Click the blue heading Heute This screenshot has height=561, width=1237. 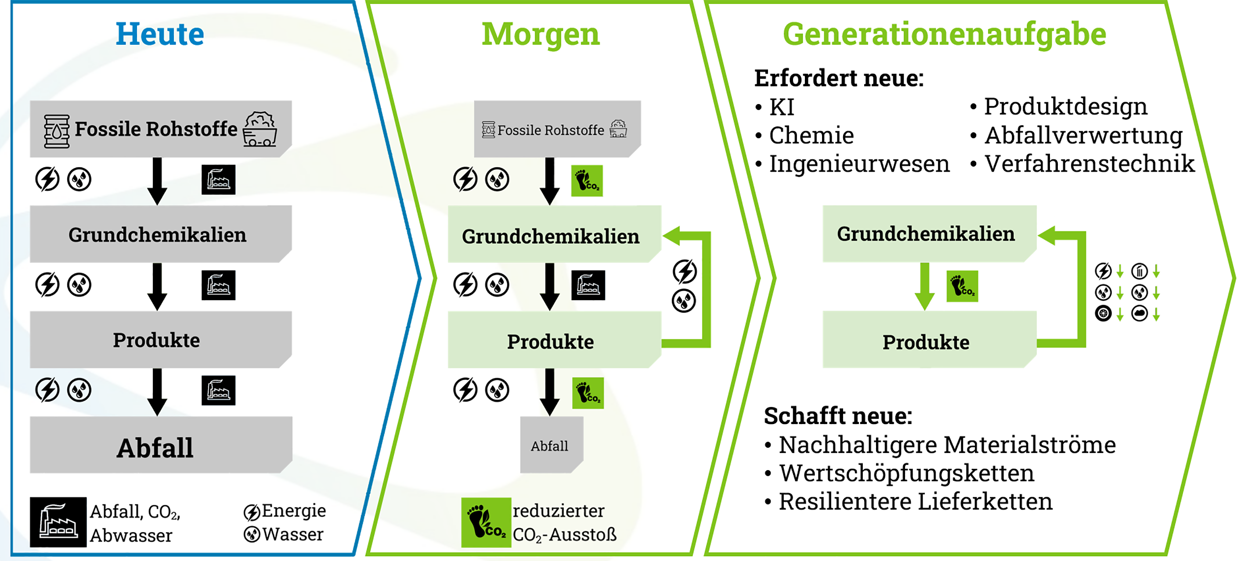click(x=160, y=35)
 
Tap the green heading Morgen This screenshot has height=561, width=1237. click(x=541, y=35)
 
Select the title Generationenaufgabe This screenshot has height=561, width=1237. click(x=944, y=35)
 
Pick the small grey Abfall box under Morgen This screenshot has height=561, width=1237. click(x=550, y=446)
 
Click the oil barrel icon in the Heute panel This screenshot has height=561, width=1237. click(x=57, y=130)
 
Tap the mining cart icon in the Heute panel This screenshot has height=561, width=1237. click(x=260, y=129)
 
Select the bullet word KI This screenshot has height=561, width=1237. click(x=781, y=107)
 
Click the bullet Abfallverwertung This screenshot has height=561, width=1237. click(x=1083, y=135)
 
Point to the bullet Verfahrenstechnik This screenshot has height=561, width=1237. click(x=1089, y=164)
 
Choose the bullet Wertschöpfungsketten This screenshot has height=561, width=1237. click(x=906, y=473)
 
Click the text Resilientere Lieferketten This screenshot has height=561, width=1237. click(x=915, y=501)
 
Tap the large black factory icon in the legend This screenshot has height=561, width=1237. click(x=58, y=522)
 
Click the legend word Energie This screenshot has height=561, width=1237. click(x=293, y=511)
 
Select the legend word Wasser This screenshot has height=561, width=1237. click(x=292, y=534)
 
